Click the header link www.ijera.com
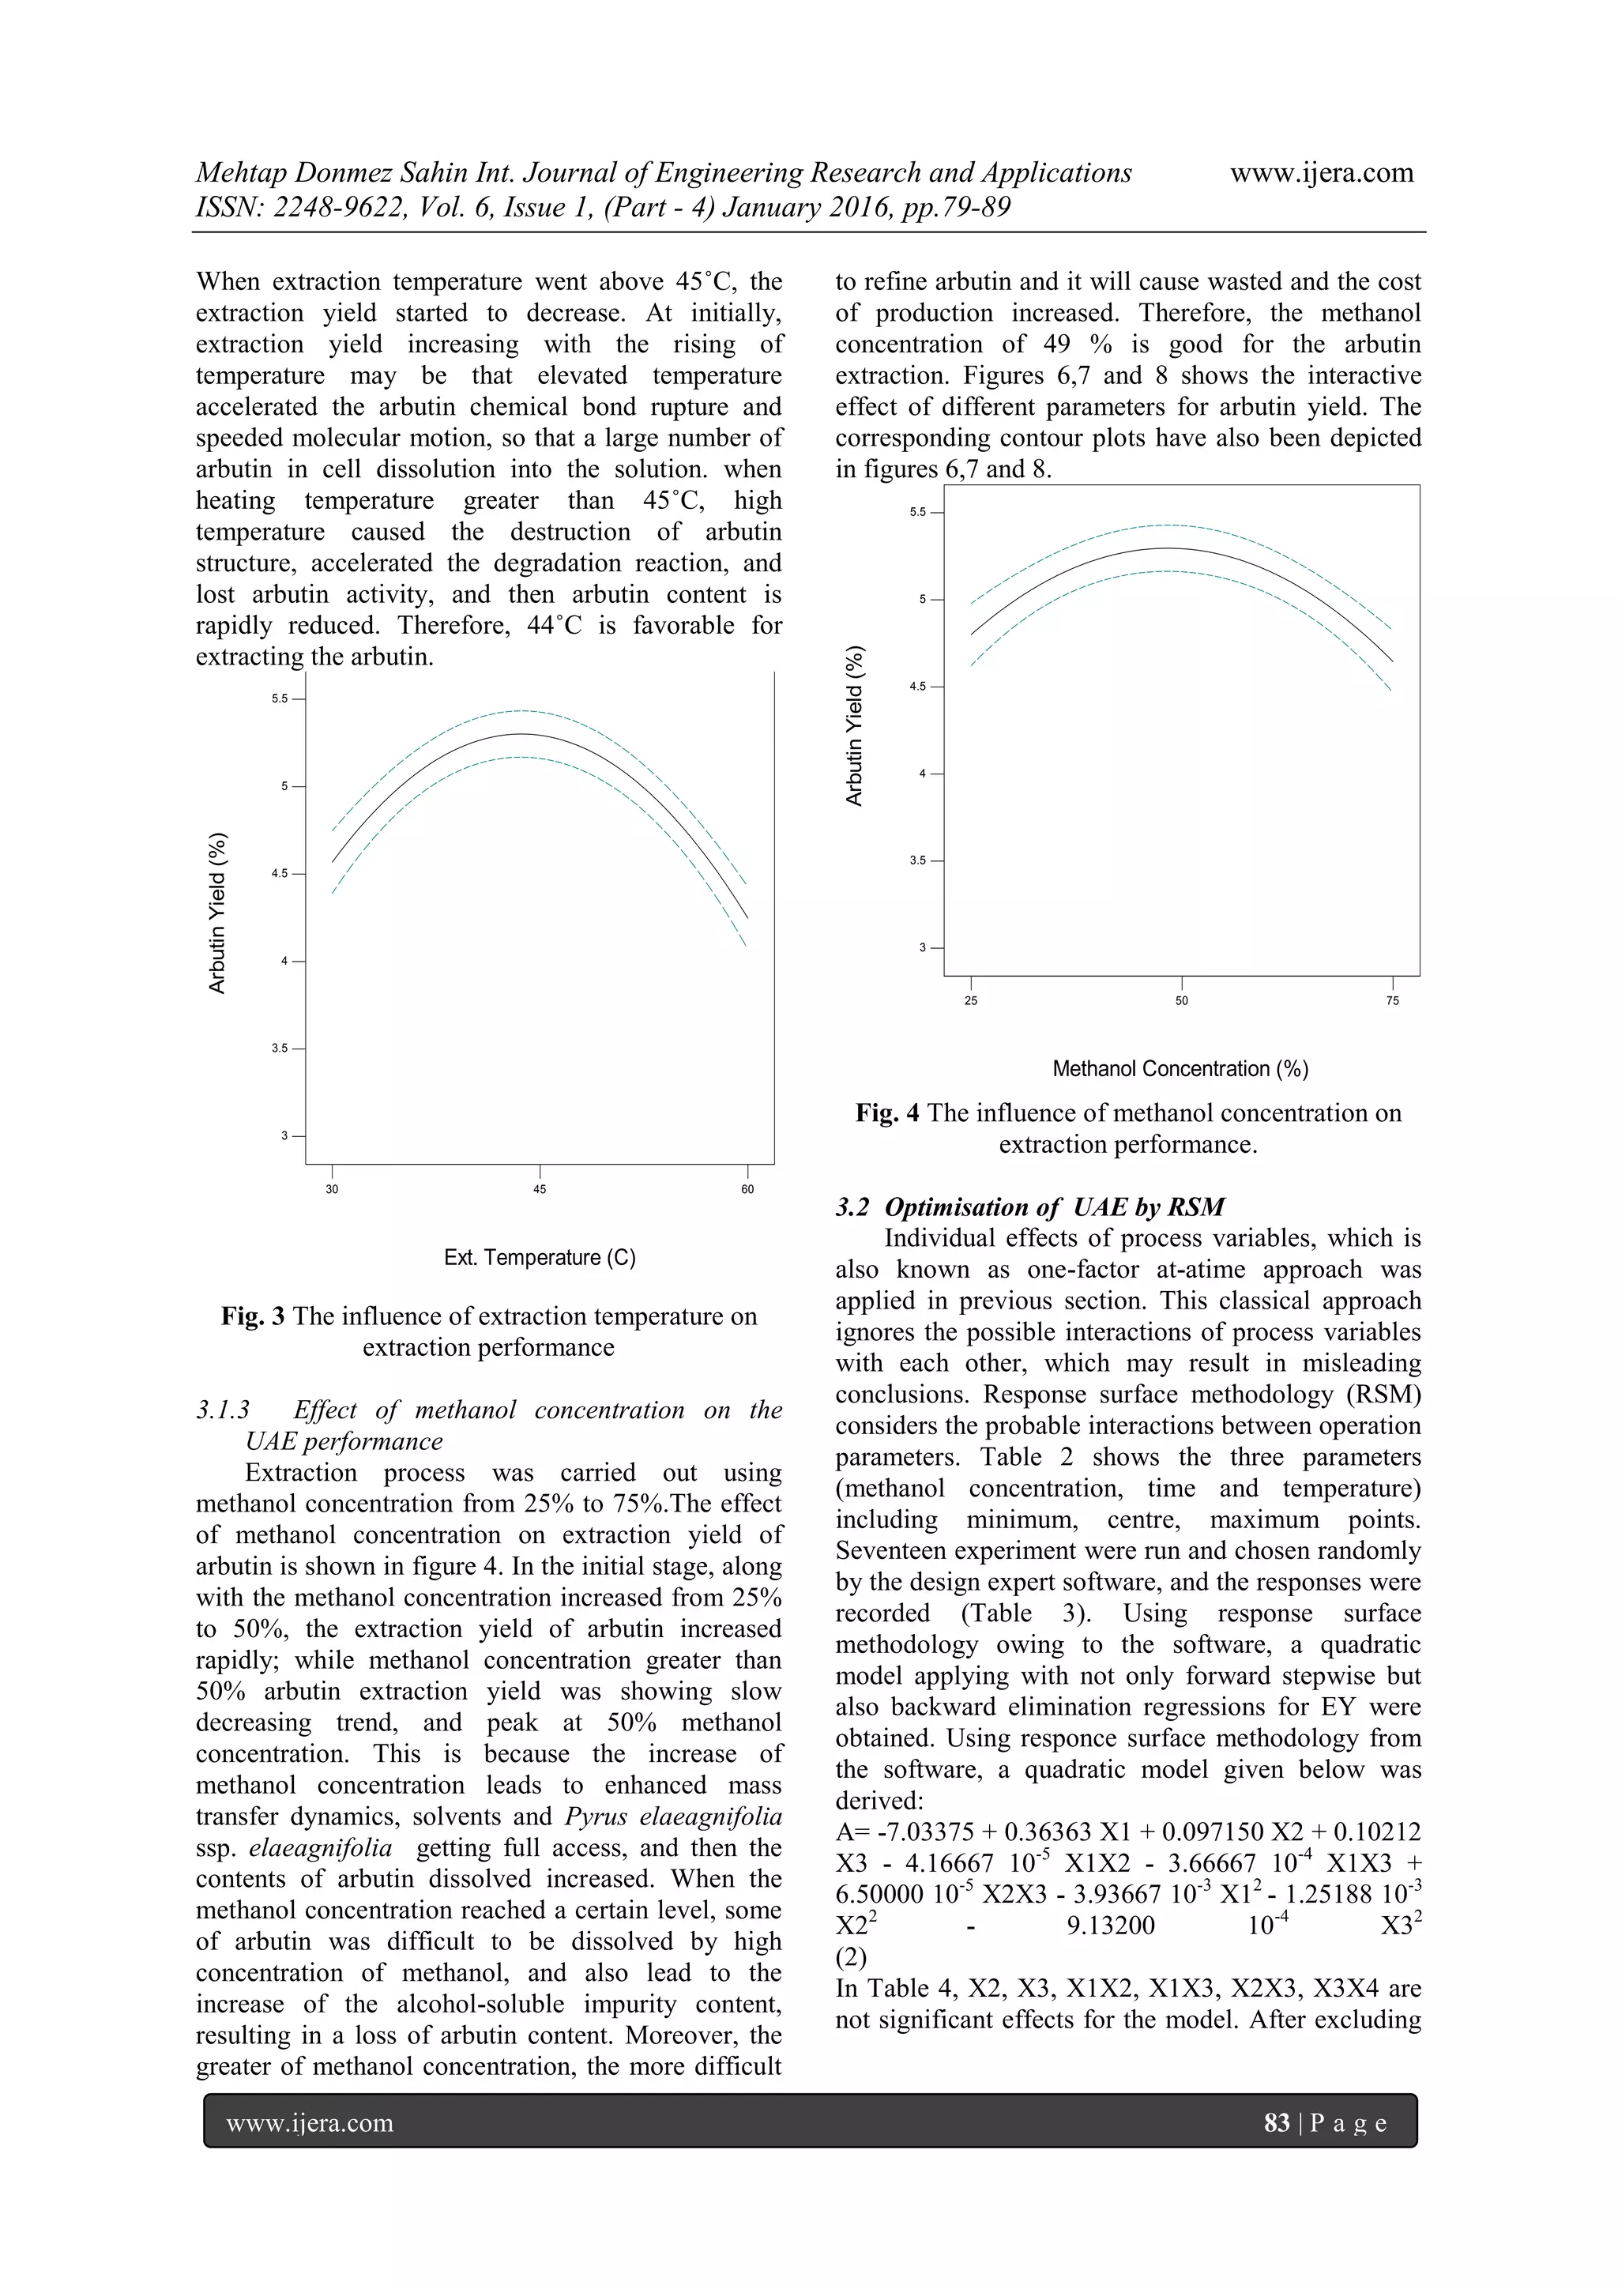[x=1321, y=174]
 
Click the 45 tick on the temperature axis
[x=540, y=1189]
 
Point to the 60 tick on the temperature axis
[x=747, y=1189]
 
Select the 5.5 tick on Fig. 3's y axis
[x=280, y=698]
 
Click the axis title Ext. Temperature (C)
[x=540, y=1257]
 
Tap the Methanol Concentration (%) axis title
[x=1180, y=1069]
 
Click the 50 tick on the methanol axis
[x=1181, y=1001]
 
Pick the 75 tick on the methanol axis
[x=1392, y=1001]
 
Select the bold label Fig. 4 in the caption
[x=887, y=1113]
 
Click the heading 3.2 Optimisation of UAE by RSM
[x=1030, y=1207]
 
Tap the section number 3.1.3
[x=224, y=1410]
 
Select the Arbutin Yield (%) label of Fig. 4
[x=854, y=727]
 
